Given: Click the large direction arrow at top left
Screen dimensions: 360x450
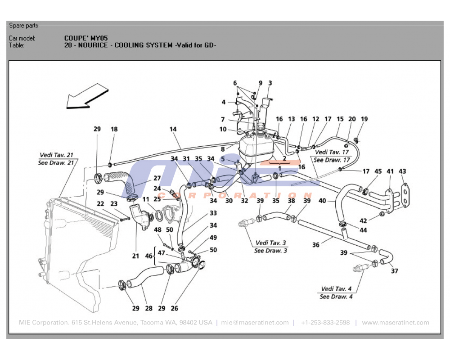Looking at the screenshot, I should (86, 97).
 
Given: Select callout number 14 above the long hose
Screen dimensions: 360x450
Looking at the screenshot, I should (173, 129).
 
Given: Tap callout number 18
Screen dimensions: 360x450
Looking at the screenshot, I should (114, 129).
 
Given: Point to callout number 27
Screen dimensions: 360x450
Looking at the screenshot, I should (157, 178).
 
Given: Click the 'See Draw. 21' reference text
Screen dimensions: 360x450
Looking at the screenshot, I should (56, 162).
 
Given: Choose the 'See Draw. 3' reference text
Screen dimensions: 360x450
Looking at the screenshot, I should (270, 251).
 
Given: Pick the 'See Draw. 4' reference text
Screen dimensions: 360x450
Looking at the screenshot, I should (336, 297).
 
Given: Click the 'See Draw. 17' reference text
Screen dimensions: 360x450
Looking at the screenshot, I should (332, 160).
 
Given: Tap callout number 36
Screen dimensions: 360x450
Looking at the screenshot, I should (316, 245).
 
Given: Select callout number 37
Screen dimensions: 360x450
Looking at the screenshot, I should (394, 271).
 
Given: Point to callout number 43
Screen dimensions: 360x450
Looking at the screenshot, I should (402, 171).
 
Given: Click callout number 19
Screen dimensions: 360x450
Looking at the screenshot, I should (364, 119).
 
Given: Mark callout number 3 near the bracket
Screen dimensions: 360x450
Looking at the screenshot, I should (270, 83).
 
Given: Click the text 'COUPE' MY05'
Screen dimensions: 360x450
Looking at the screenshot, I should (86, 38).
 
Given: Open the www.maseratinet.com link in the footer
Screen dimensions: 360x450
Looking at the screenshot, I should (395, 323).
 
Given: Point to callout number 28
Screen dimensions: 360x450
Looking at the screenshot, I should (148, 308).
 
